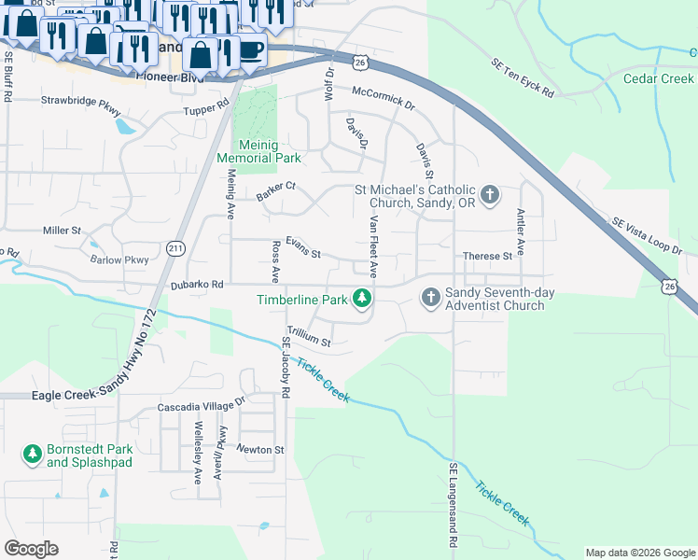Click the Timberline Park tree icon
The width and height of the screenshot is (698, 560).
(363, 299)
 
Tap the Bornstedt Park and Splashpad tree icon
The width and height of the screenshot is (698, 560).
(33, 454)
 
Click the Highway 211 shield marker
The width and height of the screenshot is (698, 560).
(176, 248)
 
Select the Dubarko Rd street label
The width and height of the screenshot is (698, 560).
(198, 285)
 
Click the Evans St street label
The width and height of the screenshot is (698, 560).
(302, 254)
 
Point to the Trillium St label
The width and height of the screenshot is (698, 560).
(309, 343)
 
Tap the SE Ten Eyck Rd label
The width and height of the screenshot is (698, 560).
(523, 78)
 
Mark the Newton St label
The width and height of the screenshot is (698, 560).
(259, 450)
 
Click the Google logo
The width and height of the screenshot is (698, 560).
(31, 549)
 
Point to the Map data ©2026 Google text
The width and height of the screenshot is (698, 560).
(639, 553)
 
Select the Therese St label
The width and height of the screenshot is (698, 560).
(487, 256)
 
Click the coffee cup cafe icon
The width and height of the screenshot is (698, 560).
(251, 49)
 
